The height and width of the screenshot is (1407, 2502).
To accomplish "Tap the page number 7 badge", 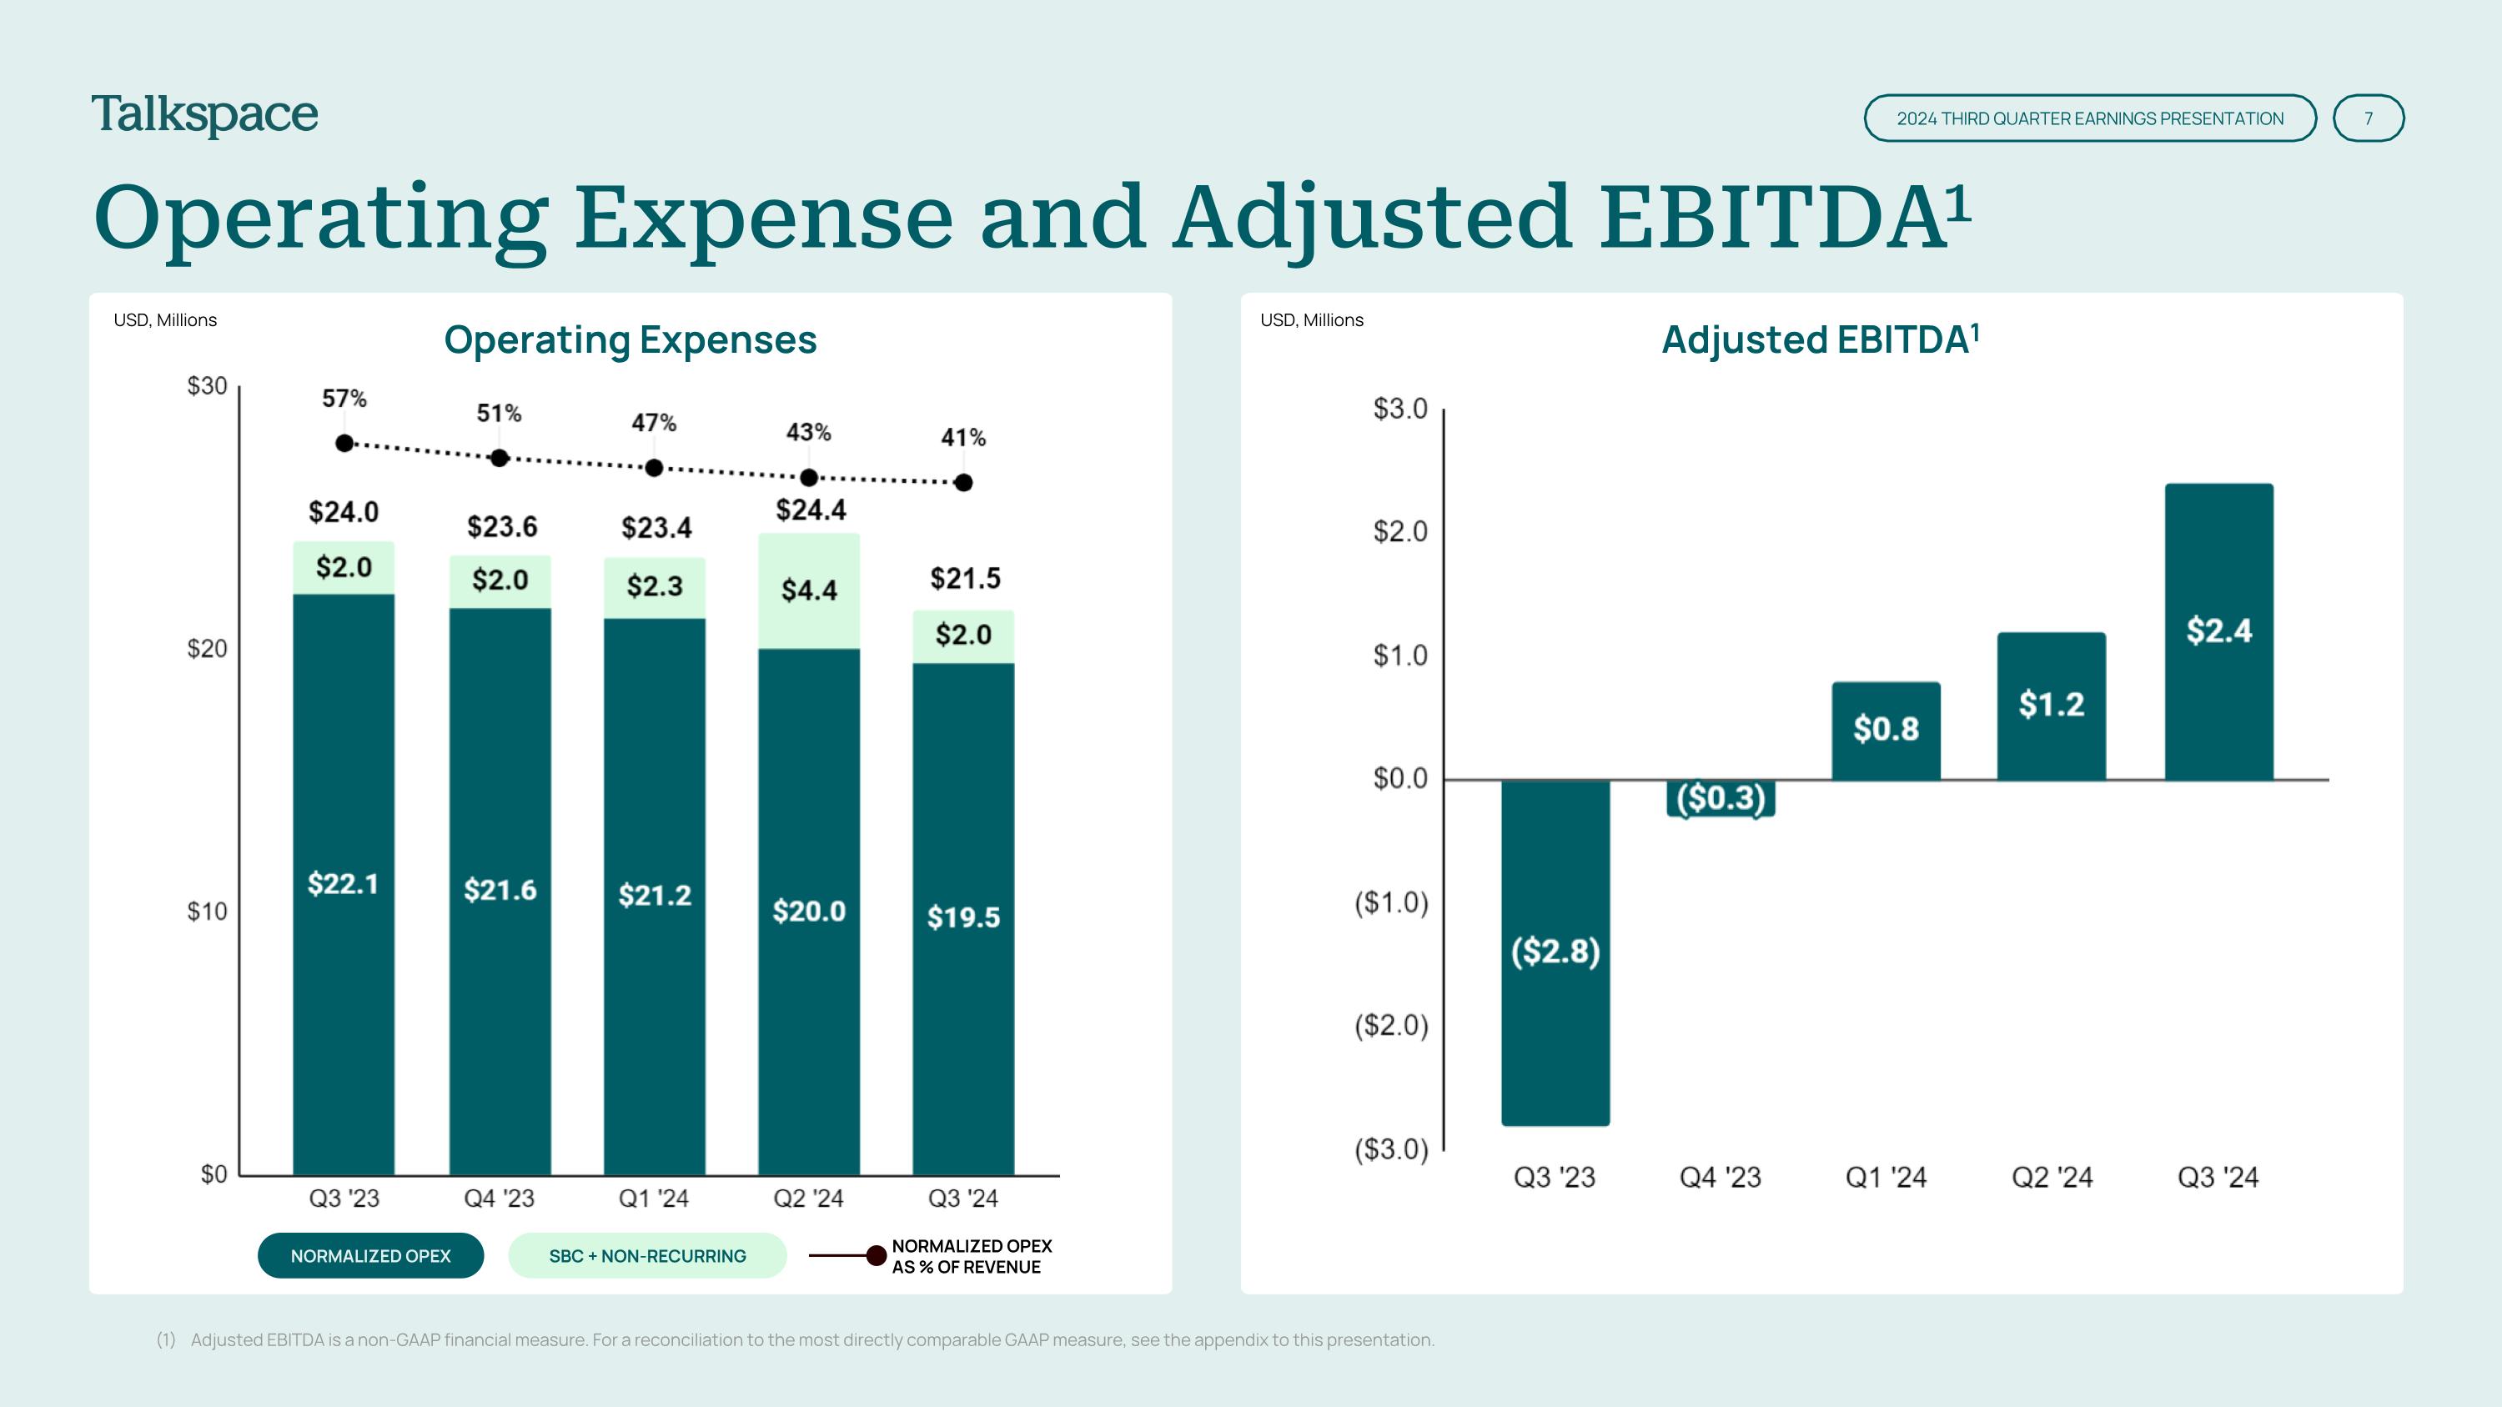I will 2368,118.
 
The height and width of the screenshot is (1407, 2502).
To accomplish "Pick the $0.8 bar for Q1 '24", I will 1885,731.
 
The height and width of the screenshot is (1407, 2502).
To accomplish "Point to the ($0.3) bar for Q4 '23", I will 1720,798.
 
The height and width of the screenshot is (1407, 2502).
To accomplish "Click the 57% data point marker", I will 344,443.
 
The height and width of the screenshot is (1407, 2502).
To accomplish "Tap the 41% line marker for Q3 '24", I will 963,483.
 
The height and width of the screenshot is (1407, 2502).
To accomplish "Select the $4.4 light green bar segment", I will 809,590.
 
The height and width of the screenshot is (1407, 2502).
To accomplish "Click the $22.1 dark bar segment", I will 344,883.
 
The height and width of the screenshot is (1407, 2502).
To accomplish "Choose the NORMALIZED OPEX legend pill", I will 370,1255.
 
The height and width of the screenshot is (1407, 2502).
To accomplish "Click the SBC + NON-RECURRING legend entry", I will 647,1255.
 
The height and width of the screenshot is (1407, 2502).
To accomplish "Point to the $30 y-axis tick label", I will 207,386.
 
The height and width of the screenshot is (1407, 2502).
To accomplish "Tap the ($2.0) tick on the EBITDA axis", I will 1391,1025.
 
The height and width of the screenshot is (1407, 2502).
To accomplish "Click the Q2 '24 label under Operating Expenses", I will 808,1198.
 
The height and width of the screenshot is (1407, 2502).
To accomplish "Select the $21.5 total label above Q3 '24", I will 964,579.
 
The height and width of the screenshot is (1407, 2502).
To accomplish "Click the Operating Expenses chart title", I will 631,339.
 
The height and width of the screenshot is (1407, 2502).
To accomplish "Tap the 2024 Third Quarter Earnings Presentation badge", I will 2089,118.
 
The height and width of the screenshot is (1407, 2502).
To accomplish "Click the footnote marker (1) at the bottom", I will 166,1340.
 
